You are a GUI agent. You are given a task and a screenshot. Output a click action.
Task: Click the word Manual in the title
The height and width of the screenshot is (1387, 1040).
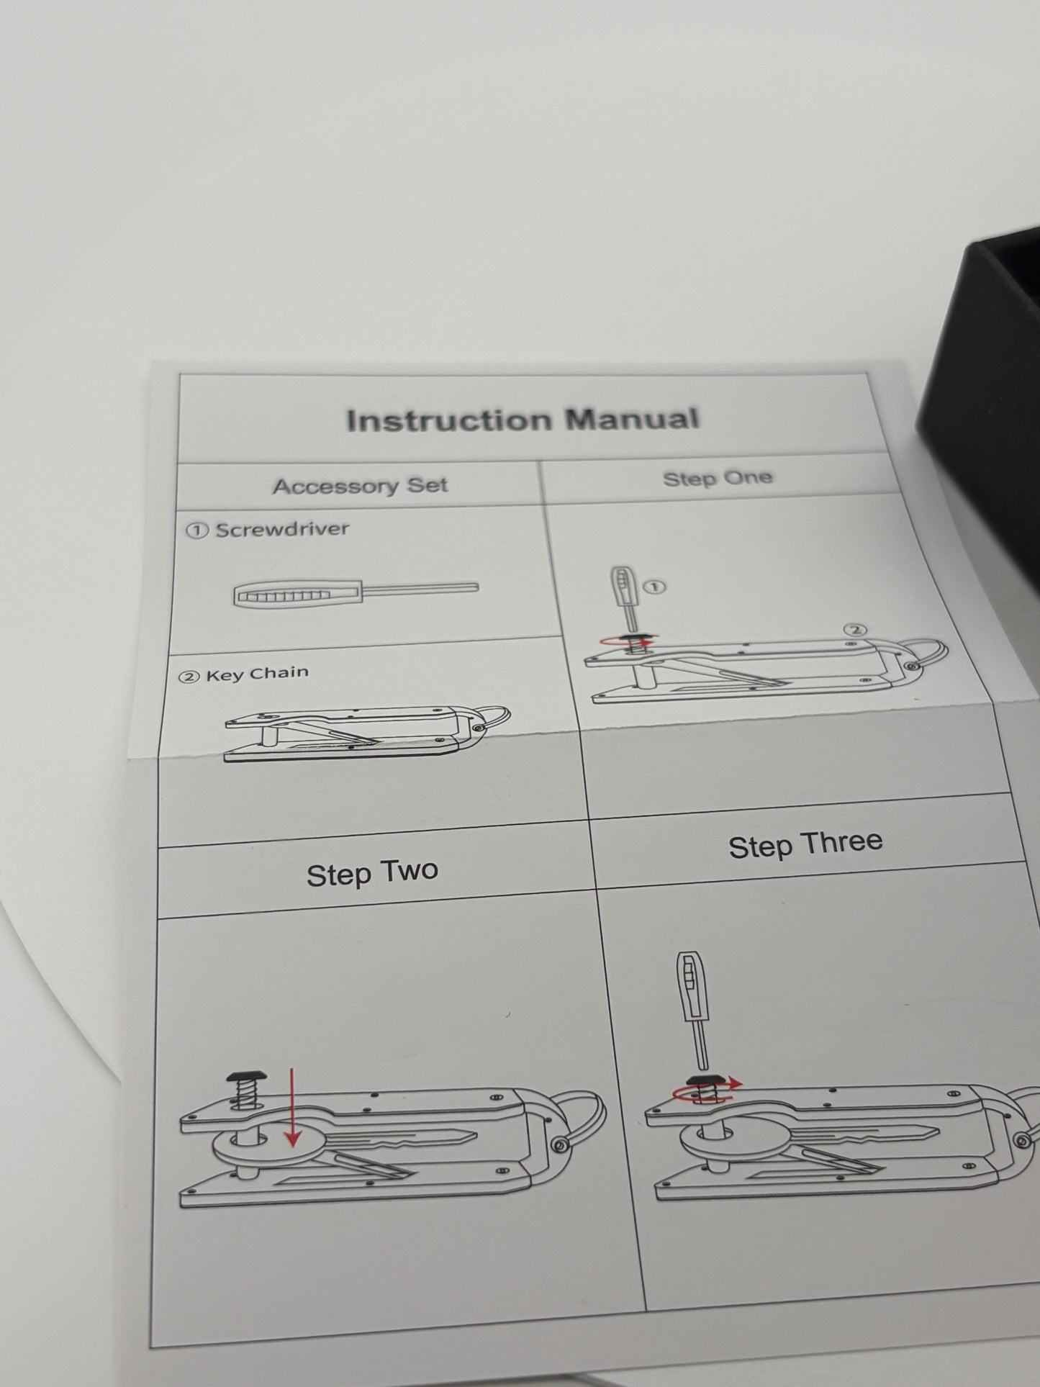632,418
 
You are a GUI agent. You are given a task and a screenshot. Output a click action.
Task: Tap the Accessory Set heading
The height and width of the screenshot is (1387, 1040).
360,486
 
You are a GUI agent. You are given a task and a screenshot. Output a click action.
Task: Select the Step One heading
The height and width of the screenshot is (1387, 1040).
718,478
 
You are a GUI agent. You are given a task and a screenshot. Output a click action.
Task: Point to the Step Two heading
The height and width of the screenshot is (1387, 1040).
372,873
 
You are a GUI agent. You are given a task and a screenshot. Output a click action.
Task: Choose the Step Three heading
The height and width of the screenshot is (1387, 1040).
805,844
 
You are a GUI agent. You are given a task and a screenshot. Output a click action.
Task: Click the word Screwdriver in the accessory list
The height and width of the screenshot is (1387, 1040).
282,530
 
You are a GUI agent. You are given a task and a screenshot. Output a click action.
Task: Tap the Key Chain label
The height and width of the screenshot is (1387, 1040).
257,674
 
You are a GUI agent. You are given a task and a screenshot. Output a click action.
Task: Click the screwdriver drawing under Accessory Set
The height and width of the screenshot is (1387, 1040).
356,593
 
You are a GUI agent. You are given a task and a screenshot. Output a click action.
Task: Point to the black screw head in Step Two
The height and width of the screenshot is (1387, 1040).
247,1077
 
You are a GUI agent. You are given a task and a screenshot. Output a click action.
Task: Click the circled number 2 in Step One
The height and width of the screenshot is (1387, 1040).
854,629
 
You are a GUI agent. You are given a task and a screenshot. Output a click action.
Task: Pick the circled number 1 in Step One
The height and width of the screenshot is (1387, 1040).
656,587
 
